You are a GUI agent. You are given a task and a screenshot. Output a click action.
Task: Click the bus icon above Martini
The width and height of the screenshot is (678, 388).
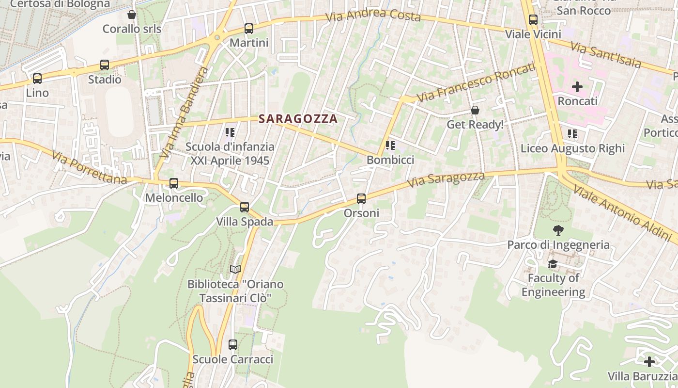pyautogui.click(x=249, y=29)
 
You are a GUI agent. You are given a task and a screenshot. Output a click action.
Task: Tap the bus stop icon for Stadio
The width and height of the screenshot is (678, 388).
pyautogui.click(x=105, y=65)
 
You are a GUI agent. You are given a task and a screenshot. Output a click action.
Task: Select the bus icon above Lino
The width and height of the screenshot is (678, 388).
pyautogui.click(x=37, y=79)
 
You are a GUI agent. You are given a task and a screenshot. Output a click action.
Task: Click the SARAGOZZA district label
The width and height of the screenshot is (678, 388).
pyautogui.click(x=298, y=119)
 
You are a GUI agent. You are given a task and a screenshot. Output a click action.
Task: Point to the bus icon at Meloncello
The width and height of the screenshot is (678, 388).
pyautogui.click(x=174, y=183)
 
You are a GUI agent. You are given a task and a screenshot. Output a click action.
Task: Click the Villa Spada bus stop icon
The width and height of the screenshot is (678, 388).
pyautogui.click(x=245, y=207)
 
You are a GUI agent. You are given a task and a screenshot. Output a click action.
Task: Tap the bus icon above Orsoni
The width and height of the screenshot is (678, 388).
pyautogui.click(x=361, y=199)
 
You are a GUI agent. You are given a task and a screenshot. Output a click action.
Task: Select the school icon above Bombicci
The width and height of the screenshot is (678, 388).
pyautogui.click(x=390, y=145)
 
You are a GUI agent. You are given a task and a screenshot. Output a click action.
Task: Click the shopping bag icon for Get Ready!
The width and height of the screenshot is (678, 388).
pyautogui.click(x=475, y=110)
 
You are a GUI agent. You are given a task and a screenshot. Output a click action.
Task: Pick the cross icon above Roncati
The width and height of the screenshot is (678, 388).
pyautogui.click(x=577, y=87)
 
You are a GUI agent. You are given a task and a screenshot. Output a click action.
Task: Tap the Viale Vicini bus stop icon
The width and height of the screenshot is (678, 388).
pyautogui.click(x=533, y=20)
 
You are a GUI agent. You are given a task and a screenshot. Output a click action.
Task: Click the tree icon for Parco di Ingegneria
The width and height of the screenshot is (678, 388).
pyautogui.click(x=558, y=230)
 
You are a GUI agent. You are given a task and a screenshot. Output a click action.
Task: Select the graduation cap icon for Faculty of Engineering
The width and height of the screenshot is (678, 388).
pyautogui.click(x=553, y=264)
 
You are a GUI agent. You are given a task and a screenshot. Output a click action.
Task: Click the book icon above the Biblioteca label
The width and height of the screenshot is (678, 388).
pyautogui.click(x=235, y=269)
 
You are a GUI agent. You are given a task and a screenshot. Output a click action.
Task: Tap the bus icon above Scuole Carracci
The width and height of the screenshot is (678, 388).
pyautogui.click(x=233, y=345)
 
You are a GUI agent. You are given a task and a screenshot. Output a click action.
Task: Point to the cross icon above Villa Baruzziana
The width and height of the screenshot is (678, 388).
pyautogui.click(x=649, y=362)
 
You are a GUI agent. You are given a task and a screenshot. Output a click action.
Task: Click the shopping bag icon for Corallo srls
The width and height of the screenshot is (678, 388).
pyautogui.click(x=132, y=15)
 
